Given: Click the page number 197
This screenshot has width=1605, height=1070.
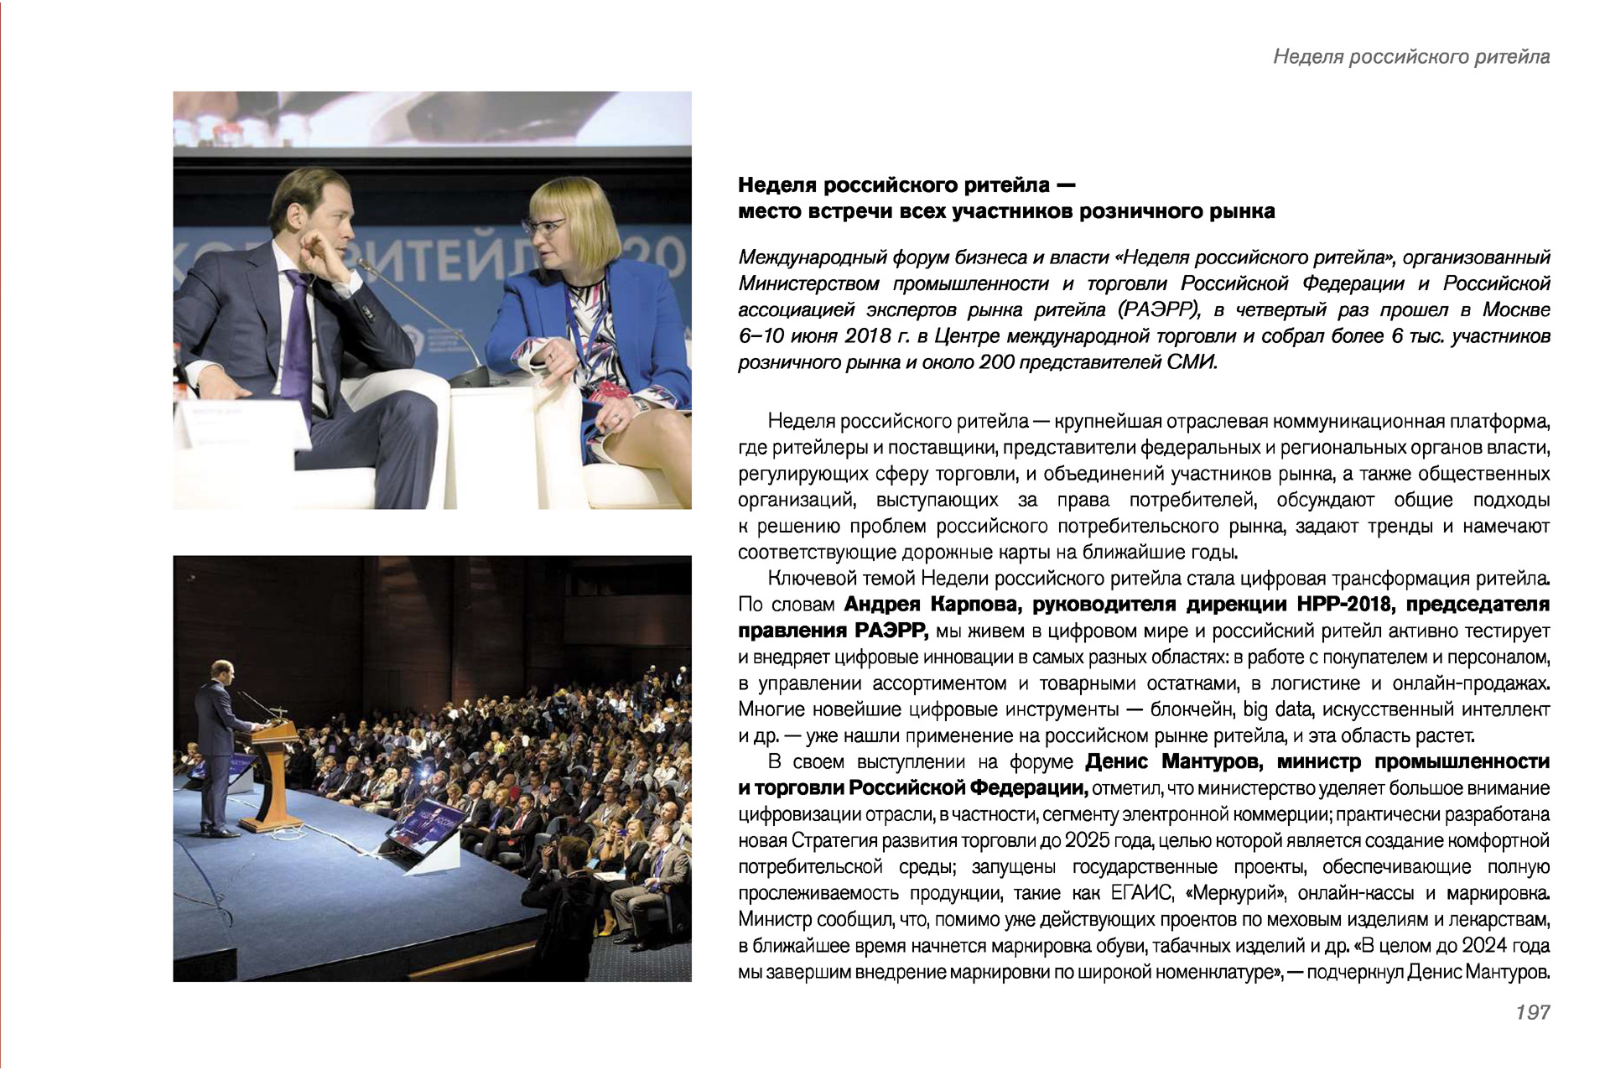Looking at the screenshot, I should click(1532, 1012).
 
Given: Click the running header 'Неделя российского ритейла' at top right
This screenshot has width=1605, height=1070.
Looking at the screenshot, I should click(1410, 56).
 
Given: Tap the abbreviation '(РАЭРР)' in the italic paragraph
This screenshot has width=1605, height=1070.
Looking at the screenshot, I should click(1161, 309).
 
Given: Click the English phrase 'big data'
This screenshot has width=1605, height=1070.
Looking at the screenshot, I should click(1276, 709).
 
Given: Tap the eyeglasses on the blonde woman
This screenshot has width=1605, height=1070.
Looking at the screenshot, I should click(544, 226).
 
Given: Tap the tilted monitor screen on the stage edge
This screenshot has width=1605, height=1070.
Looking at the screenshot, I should click(424, 827).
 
